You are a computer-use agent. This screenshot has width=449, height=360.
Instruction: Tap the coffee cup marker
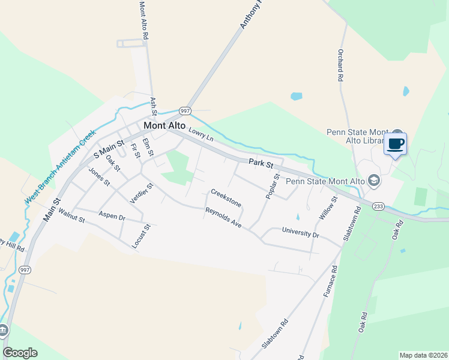point(396,144)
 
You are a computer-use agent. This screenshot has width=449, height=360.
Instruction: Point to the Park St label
point(262,163)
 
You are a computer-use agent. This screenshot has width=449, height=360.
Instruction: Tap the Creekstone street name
point(226,199)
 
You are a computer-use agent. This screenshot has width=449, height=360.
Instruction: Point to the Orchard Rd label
point(340,65)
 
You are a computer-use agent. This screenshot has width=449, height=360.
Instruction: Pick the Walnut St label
point(71,216)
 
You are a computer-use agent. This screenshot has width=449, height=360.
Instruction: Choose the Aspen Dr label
point(112,216)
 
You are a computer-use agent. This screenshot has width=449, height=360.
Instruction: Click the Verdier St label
point(142,193)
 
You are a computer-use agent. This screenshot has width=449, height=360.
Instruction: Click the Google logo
point(20,353)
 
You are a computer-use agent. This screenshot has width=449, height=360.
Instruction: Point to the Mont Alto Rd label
point(143,20)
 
